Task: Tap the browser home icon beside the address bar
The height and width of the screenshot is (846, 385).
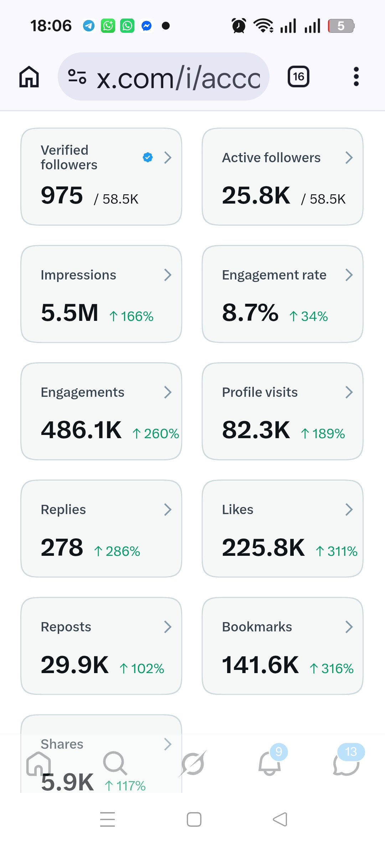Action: click(29, 77)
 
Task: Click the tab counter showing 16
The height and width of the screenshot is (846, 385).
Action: click(298, 77)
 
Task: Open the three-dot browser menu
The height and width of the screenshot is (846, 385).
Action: click(356, 77)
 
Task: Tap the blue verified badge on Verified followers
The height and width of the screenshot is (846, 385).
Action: click(148, 157)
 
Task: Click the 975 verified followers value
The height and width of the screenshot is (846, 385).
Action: click(62, 195)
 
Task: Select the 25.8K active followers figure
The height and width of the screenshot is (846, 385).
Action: click(256, 195)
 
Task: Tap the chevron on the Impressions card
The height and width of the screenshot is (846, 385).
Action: click(168, 275)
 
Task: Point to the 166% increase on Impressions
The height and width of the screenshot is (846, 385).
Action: click(132, 316)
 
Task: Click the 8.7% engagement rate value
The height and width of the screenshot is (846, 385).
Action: click(250, 313)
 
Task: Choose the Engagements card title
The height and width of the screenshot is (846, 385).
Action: click(82, 392)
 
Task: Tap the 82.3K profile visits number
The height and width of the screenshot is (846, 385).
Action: click(256, 430)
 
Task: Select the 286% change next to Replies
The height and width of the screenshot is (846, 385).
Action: click(117, 551)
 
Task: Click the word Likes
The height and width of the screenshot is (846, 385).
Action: click(237, 509)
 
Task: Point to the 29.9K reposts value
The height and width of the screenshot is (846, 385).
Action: click(75, 665)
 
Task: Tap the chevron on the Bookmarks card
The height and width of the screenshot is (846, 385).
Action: click(349, 627)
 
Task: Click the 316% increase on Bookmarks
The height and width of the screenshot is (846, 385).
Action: click(332, 668)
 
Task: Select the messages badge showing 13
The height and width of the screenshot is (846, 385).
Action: click(351, 752)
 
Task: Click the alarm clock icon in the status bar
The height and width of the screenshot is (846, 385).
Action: click(238, 26)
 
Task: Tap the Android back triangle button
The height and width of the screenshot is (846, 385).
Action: click(280, 819)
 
